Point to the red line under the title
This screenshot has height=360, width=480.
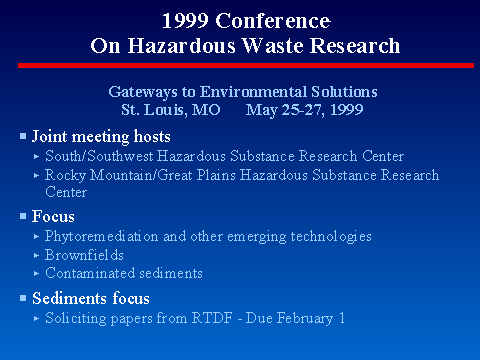point(240,64)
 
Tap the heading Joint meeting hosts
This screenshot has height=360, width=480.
point(101,136)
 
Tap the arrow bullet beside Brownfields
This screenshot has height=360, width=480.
point(37,255)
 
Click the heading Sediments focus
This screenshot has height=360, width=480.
point(91,298)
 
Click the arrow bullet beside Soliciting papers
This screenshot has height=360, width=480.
point(37,318)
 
